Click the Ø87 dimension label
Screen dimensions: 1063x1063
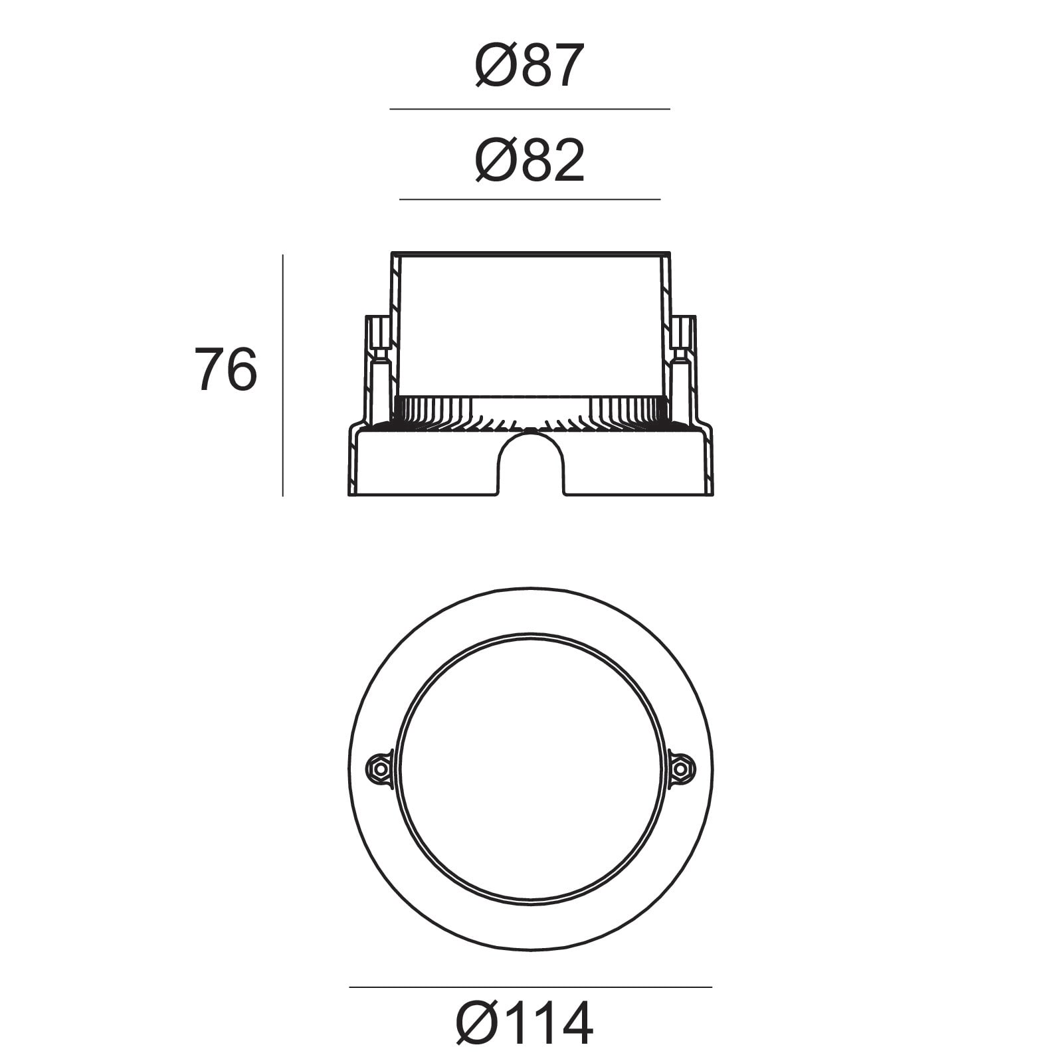pyautogui.click(x=530, y=65)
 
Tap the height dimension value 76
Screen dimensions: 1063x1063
pyautogui.click(x=225, y=369)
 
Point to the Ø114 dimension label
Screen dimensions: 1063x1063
pyautogui.click(x=524, y=1024)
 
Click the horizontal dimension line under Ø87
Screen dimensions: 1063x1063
pyautogui.click(x=530, y=109)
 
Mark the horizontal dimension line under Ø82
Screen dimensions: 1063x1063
pyautogui.click(x=530, y=199)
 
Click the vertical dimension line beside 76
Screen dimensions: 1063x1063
pyautogui.click(x=282, y=375)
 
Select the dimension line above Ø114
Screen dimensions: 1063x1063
pyautogui.click(x=530, y=987)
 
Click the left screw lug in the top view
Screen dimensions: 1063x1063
pyautogui.click(x=381, y=769)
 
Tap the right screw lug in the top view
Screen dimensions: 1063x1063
pyautogui.click(x=680, y=769)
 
